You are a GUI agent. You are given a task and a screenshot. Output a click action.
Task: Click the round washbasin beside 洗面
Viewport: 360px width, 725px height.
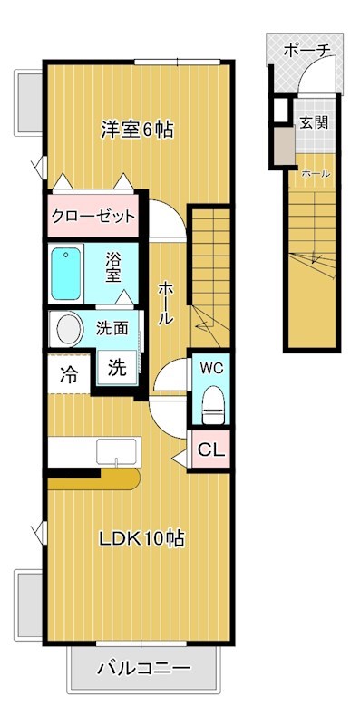(68, 328)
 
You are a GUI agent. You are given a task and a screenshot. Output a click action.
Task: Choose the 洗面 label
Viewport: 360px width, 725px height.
(114, 328)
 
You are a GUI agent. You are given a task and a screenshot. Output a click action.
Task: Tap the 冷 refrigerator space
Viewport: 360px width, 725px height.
(69, 372)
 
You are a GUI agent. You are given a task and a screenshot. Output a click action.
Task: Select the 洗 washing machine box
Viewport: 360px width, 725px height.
(117, 369)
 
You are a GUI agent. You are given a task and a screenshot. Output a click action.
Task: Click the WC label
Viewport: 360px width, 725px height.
(210, 369)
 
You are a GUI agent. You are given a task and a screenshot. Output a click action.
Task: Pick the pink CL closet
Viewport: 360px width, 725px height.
(210, 448)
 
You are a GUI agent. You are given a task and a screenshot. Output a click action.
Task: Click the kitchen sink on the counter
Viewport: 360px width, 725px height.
(117, 450)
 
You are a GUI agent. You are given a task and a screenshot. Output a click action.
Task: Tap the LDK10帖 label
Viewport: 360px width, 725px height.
(141, 538)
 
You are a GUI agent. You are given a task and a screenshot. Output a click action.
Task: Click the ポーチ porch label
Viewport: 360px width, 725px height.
(306, 51)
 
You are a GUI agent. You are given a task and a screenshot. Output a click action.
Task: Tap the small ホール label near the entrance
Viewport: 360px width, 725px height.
(315, 173)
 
